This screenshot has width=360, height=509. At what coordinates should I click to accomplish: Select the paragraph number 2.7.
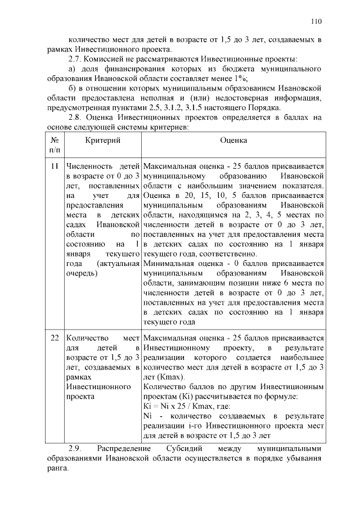point(75,59)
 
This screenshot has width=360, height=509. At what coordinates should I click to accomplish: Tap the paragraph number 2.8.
point(75,117)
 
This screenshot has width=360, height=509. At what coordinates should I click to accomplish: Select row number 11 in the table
point(55,166)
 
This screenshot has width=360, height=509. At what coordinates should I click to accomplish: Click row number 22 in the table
point(55,338)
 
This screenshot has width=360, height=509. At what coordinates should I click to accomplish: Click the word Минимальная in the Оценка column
point(169,263)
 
